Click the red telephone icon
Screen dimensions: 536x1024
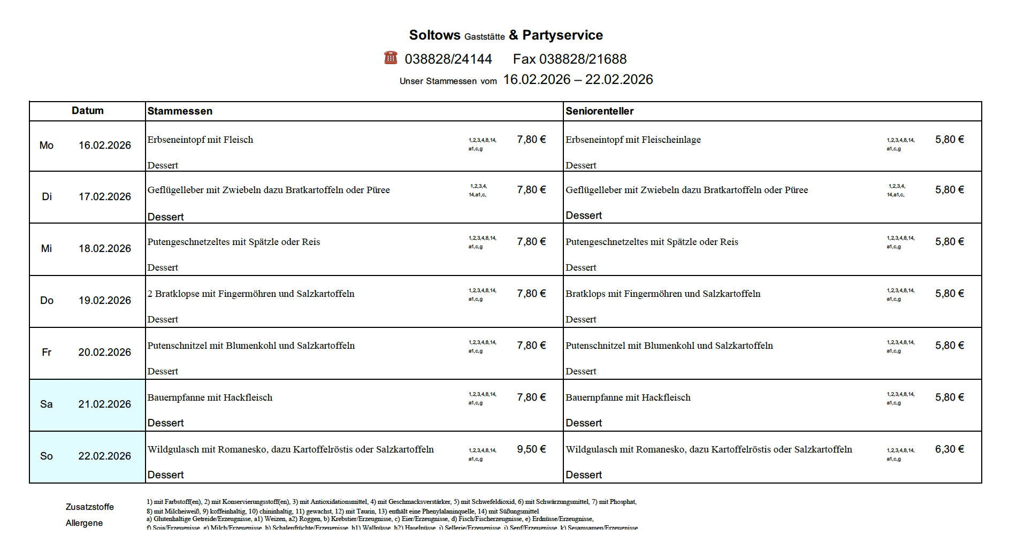391,58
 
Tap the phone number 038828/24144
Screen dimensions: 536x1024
448,59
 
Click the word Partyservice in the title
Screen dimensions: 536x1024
562,35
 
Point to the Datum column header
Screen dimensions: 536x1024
88,111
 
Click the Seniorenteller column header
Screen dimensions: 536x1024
599,111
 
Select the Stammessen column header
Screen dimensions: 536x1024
180,111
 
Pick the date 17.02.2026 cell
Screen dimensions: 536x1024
105,197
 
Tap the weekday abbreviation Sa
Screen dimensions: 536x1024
47,404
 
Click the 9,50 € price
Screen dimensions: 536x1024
531,449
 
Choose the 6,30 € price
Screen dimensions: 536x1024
949,449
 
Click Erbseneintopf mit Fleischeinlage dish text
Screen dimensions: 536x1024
633,140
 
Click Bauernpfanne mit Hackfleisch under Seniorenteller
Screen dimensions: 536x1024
628,397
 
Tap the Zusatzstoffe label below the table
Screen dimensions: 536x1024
90,507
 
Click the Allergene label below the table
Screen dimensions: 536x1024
84,523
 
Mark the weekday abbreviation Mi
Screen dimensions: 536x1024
47,249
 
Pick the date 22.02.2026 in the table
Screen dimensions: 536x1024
105,456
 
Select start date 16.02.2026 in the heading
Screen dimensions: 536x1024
537,80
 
